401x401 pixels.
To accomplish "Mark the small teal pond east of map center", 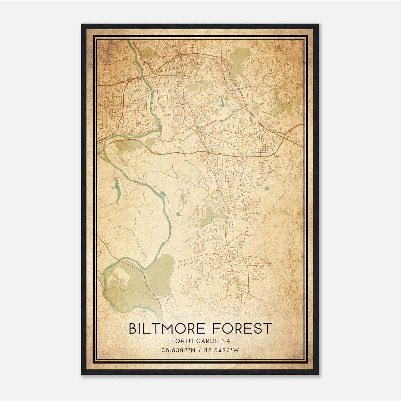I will pos(267,188).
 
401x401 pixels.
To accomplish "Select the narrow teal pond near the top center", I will pos(221,101).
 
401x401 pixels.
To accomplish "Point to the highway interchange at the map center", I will pos(207,151).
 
